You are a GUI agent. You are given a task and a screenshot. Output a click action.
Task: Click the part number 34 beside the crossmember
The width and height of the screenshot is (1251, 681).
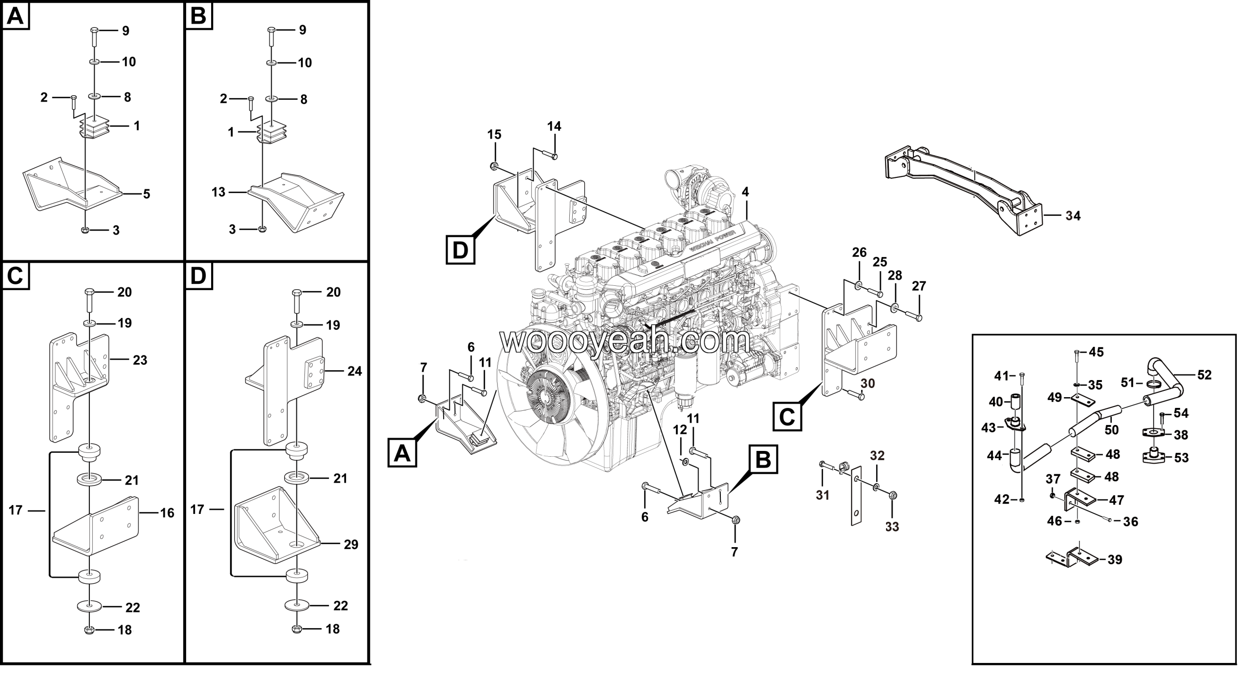coord(1073,215)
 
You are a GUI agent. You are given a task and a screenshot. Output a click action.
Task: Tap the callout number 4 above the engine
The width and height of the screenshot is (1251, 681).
coord(745,192)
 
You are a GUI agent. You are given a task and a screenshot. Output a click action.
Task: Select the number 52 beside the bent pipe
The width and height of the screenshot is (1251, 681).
coord(1204,375)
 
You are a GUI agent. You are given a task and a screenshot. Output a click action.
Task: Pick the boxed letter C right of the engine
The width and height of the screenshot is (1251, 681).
coord(787,416)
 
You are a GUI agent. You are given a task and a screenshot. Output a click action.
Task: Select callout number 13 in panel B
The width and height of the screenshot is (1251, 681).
coord(218,192)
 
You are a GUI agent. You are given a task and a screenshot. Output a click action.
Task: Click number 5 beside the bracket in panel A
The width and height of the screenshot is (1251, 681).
coord(146,194)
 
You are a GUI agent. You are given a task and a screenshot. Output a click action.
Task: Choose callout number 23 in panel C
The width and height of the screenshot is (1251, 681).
coord(140,360)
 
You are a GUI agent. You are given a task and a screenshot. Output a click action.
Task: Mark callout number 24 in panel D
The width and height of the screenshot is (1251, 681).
coord(354,371)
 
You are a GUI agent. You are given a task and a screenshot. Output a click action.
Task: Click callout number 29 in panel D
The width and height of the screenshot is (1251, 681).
coord(351,544)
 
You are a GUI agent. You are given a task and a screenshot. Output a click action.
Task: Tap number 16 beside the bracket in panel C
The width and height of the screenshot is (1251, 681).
coord(167,512)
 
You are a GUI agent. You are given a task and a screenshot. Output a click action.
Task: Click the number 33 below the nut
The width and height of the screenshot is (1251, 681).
coord(892,527)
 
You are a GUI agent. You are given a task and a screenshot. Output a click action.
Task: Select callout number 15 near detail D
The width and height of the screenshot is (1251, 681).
coord(495,134)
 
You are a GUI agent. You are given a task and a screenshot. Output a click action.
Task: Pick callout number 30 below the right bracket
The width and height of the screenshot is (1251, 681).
coord(867,383)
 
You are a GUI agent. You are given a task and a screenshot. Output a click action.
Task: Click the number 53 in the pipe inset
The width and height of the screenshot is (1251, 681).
coord(1181,458)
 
